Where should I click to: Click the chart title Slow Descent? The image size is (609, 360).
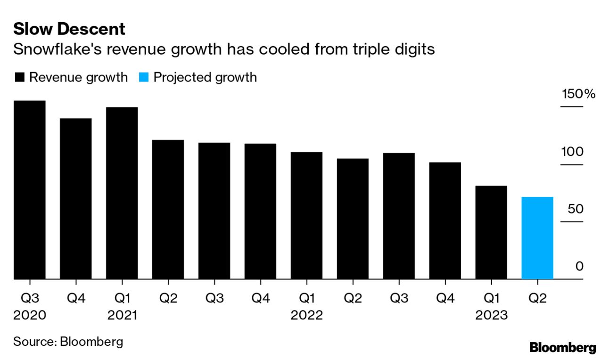tap(69, 29)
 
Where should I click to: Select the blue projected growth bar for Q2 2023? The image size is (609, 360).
tap(537, 238)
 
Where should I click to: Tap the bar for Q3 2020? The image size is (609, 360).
tap(29, 190)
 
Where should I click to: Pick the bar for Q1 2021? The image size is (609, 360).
tap(122, 193)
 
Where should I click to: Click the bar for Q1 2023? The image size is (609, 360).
tap(491, 232)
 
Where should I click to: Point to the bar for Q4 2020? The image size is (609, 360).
tap(75, 198)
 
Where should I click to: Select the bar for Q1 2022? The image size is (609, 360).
tap(306, 215)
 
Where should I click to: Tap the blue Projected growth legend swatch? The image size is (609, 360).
tap(144, 77)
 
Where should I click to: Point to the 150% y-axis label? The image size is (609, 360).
tap(578, 94)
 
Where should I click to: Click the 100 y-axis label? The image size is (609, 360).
tap(572, 152)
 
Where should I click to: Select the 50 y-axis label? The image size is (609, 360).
tap(576, 209)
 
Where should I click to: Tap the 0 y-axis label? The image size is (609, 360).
tap(579, 266)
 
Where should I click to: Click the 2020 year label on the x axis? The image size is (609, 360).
tap(29, 315)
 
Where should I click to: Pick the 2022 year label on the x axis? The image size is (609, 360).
tap(306, 315)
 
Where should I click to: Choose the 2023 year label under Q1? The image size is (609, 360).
tap(491, 315)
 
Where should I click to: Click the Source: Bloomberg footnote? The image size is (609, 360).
tap(68, 341)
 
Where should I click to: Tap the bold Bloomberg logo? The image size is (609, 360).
tap(563, 348)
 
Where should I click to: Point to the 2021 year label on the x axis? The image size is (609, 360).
tap(122, 315)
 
